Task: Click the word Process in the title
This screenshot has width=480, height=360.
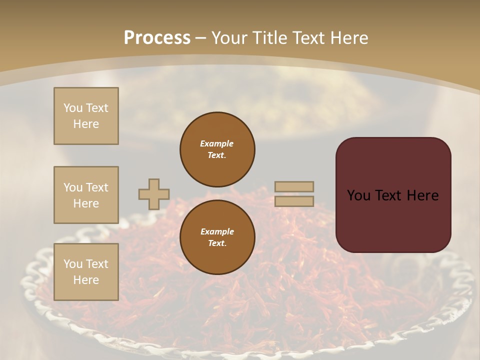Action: click(x=157, y=38)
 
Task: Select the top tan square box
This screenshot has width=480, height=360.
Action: click(x=86, y=116)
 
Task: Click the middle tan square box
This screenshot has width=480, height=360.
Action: click(x=86, y=195)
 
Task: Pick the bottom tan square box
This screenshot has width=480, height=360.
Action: click(x=86, y=271)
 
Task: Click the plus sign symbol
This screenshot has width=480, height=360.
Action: click(x=154, y=194)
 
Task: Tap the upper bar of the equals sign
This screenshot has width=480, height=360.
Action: click(x=294, y=187)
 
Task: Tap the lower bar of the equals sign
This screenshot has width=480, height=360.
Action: click(x=294, y=201)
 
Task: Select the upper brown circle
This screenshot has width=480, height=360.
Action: click(x=217, y=149)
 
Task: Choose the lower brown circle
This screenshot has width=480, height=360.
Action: click(x=217, y=237)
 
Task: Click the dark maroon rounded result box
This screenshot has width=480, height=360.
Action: click(x=393, y=195)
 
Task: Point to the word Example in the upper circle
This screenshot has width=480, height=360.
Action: click(x=217, y=143)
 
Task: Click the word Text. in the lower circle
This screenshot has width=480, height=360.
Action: click(x=217, y=243)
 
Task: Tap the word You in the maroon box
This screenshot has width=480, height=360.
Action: click(x=358, y=195)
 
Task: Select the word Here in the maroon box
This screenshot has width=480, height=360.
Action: click(x=422, y=195)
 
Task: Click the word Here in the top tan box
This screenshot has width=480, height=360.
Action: click(x=86, y=124)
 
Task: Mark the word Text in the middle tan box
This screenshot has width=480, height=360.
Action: click(x=96, y=187)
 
